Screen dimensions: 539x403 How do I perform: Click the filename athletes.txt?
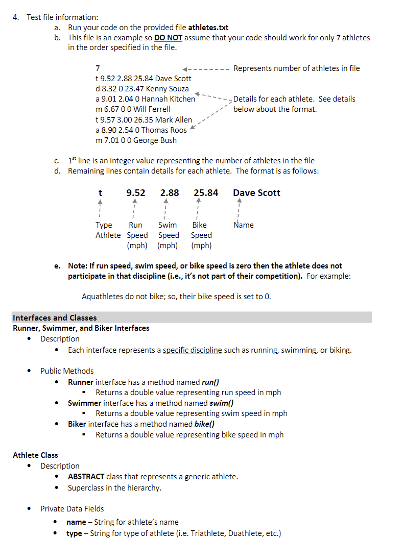click(x=208, y=28)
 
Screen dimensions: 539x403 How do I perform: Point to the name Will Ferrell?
click(x=152, y=109)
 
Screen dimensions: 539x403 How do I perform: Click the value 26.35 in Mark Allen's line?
click(x=143, y=120)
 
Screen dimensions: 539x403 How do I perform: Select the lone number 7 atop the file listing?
click(x=98, y=68)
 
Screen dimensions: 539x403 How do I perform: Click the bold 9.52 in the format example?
click(x=135, y=193)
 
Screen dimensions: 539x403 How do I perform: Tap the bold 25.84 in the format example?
click(x=206, y=193)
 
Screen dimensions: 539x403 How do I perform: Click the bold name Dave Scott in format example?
click(x=256, y=193)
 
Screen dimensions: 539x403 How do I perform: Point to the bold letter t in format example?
click(x=100, y=193)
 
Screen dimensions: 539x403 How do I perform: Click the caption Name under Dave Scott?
click(x=243, y=225)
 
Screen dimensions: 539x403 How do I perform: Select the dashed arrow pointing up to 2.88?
click(x=165, y=209)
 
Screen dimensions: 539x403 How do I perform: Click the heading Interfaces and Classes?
click(x=55, y=318)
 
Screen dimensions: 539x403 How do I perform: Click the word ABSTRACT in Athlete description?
click(x=86, y=477)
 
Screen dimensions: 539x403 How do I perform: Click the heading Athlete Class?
click(x=35, y=455)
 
